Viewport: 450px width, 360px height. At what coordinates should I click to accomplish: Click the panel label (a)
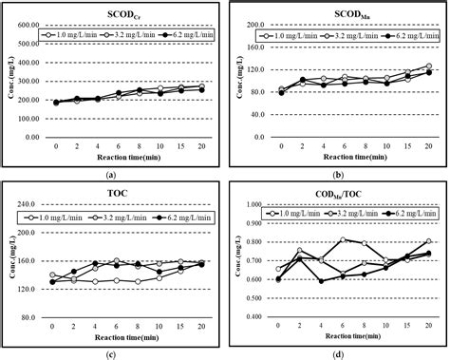[113, 175]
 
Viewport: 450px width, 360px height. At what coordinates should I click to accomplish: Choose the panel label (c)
[113, 353]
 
